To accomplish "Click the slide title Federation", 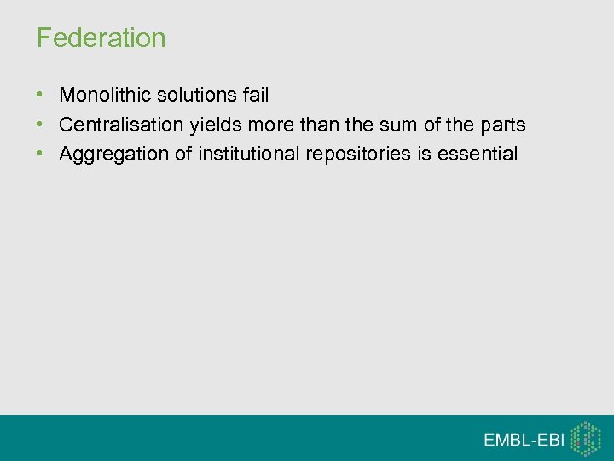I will (101, 38).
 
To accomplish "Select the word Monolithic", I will (105, 95).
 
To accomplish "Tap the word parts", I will (502, 125).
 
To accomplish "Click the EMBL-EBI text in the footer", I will (524, 440).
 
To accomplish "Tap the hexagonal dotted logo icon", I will (585, 439).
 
